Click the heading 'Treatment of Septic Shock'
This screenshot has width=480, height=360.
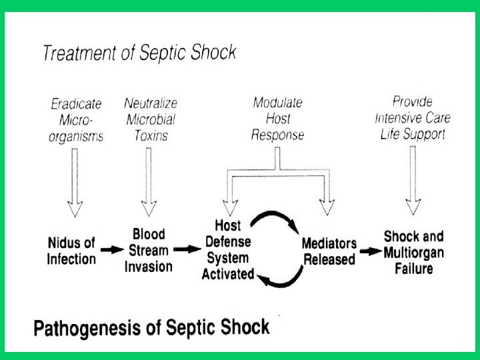point(139,52)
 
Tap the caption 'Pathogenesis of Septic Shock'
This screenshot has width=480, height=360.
point(152,328)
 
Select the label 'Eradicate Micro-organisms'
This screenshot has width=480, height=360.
point(76,121)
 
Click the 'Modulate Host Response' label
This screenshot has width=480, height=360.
point(278,119)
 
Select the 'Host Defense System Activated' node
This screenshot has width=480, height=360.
point(228,250)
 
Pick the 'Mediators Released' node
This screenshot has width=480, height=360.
point(329,251)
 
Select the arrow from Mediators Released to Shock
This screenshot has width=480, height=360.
point(369,252)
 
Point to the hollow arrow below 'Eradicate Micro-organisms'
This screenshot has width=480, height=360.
point(75,180)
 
